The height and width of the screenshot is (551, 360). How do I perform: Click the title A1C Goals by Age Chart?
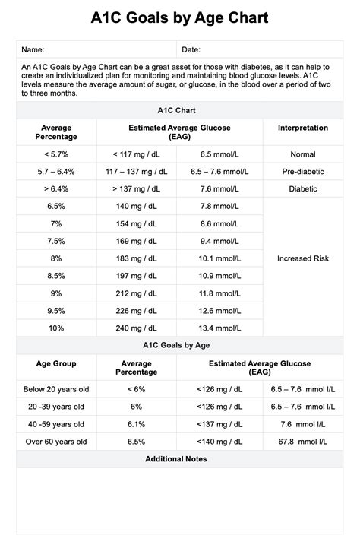(x=179, y=17)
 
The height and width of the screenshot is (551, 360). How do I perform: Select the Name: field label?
(x=33, y=49)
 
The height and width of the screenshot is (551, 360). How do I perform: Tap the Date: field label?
(x=191, y=49)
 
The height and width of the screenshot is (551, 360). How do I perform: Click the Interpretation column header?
(x=303, y=128)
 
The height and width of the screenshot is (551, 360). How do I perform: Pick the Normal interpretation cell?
(x=303, y=154)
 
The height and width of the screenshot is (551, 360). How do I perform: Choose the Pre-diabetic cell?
(x=303, y=172)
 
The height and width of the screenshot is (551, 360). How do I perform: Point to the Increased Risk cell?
(x=303, y=258)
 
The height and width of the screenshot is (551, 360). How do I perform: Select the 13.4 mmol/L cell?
(x=220, y=328)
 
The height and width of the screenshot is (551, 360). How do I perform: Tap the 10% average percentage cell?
(x=56, y=328)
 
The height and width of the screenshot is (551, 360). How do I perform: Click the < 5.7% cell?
(x=56, y=154)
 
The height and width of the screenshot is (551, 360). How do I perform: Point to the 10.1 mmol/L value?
(x=220, y=258)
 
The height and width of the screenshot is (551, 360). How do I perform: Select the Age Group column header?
(x=56, y=364)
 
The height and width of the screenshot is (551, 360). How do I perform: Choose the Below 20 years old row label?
(x=56, y=390)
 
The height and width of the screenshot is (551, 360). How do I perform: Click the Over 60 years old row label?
(x=56, y=442)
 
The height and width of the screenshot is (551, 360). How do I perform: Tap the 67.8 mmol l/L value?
(x=303, y=442)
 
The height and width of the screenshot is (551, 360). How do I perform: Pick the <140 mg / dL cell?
(x=220, y=442)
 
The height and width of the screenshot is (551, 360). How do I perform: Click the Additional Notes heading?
(x=179, y=459)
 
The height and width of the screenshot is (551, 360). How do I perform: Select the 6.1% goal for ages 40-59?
(x=137, y=424)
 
